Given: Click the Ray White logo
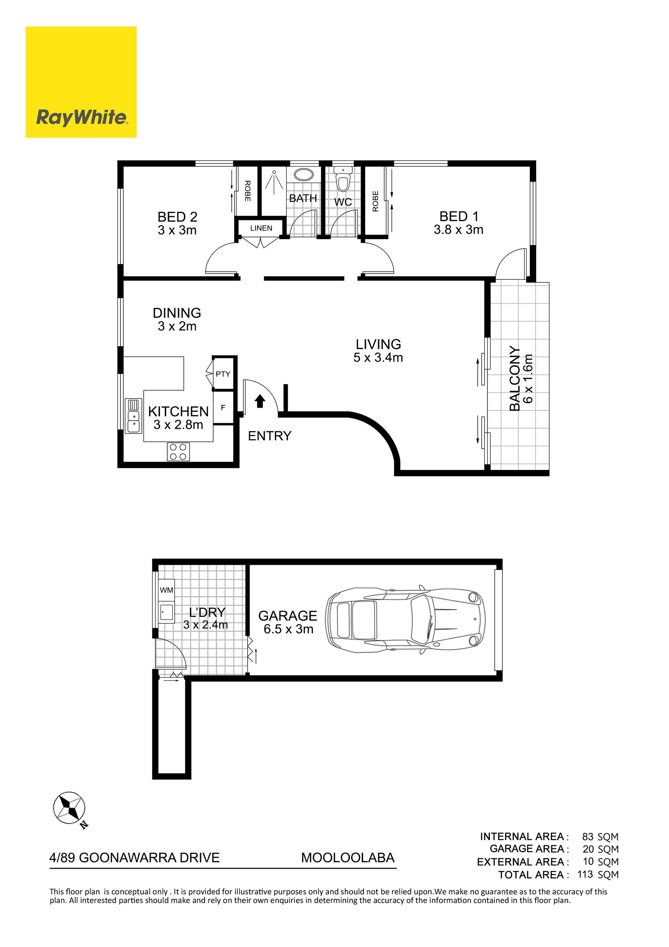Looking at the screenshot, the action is tap(81, 82).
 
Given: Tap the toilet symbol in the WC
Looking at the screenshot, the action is tap(343, 179).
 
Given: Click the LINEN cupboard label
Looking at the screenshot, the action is tap(261, 228).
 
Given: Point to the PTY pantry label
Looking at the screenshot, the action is tap(223, 374).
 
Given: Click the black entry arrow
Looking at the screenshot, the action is tap(260, 401).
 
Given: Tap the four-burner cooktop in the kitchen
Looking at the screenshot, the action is tap(178, 451).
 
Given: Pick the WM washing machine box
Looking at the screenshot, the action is tap(167, 590).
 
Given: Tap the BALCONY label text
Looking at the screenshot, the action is tap(515, 379).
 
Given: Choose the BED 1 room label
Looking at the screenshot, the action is tap(459, 217).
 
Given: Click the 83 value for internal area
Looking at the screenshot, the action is tap(588, 837).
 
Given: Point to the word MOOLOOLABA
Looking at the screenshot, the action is tap(348, 858).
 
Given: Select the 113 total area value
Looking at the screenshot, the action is tap(585, 874).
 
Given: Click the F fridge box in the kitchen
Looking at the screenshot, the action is tap(223, 408).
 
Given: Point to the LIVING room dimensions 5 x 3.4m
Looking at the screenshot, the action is tap(378, 358).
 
